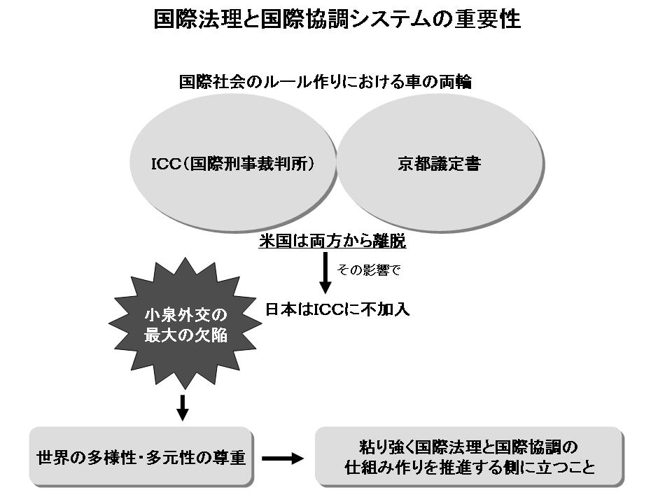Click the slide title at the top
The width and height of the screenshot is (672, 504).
(337, 19)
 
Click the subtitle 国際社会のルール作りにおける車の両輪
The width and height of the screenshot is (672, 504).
(325, 82)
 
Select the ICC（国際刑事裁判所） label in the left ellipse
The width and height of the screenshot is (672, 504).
(233, 165)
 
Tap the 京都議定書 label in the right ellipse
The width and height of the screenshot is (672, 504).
(439, 165)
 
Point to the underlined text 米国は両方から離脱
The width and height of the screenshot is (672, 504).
(332, 241)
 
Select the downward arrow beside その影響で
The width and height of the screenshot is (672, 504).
(324, 274)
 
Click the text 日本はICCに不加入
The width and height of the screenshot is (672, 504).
(337, 309)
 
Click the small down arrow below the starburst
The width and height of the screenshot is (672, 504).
(183, 407)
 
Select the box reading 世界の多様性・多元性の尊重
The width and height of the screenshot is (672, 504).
(141, 458)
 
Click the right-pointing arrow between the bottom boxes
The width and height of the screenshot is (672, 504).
(283, 458)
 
